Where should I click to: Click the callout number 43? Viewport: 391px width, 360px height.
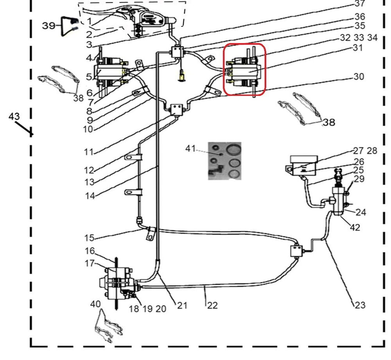[14, 117]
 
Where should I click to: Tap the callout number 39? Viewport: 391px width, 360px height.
[49, 26]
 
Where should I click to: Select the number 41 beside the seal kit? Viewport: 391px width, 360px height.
[190, 149]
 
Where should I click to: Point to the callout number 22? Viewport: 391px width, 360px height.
[212, 305]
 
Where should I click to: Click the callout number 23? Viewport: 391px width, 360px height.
[360, 305]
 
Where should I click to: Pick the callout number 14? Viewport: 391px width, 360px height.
[90, 196]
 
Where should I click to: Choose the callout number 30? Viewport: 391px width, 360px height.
[359, 77]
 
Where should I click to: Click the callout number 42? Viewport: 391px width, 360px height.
[355, 227]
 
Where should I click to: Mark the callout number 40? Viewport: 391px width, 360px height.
[95, 304]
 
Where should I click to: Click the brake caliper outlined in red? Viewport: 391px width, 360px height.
[244, 70]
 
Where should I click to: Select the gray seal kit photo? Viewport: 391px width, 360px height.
[224, 161]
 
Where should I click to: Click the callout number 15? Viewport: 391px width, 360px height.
[89, 238]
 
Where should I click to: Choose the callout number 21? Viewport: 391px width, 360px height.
[182, 305]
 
